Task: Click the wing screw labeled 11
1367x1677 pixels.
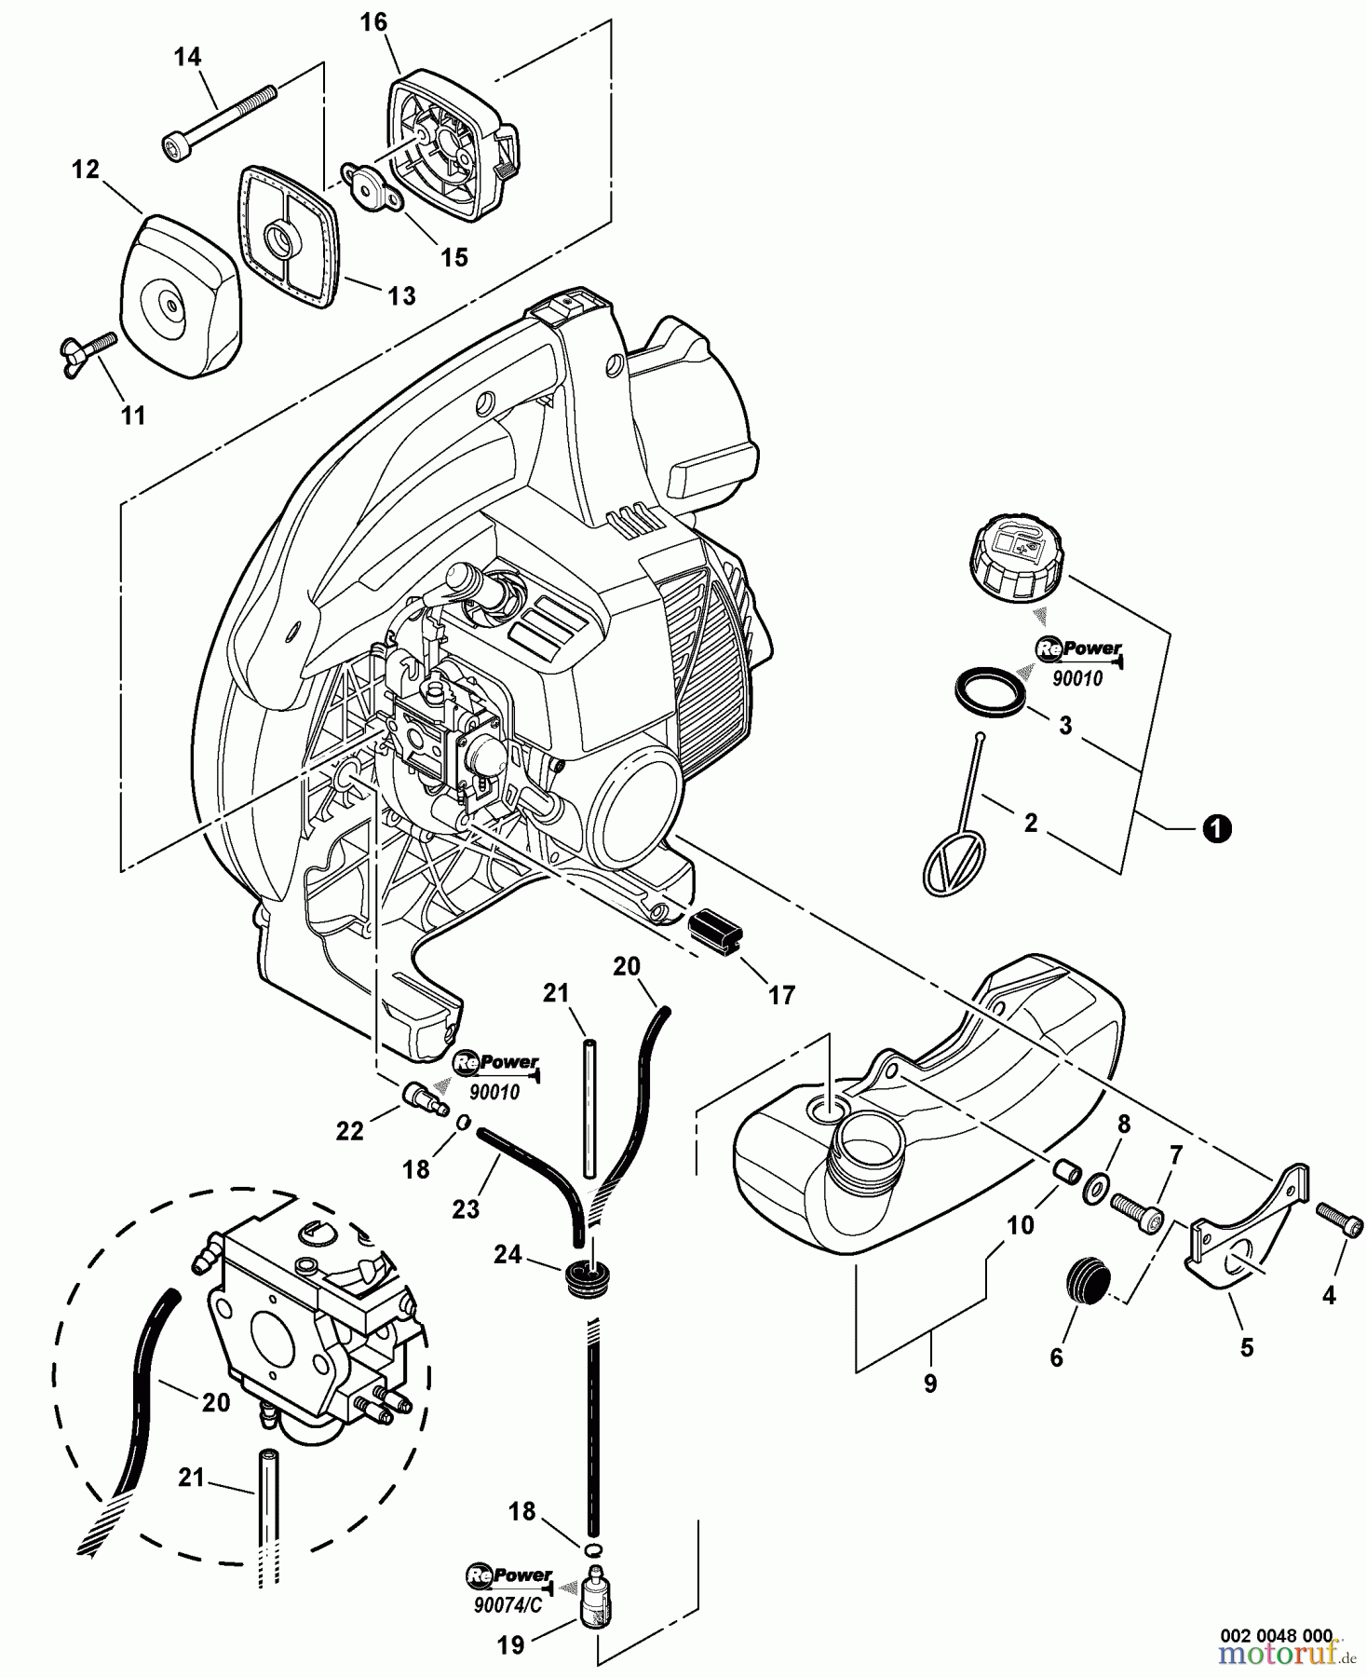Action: coord(95,352)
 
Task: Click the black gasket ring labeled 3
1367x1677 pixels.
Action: coord(991,689)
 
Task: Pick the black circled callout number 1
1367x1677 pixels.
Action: coord(1216,828)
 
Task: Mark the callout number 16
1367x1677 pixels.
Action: coord(373,22)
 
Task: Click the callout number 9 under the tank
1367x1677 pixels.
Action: coord(929,1384)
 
